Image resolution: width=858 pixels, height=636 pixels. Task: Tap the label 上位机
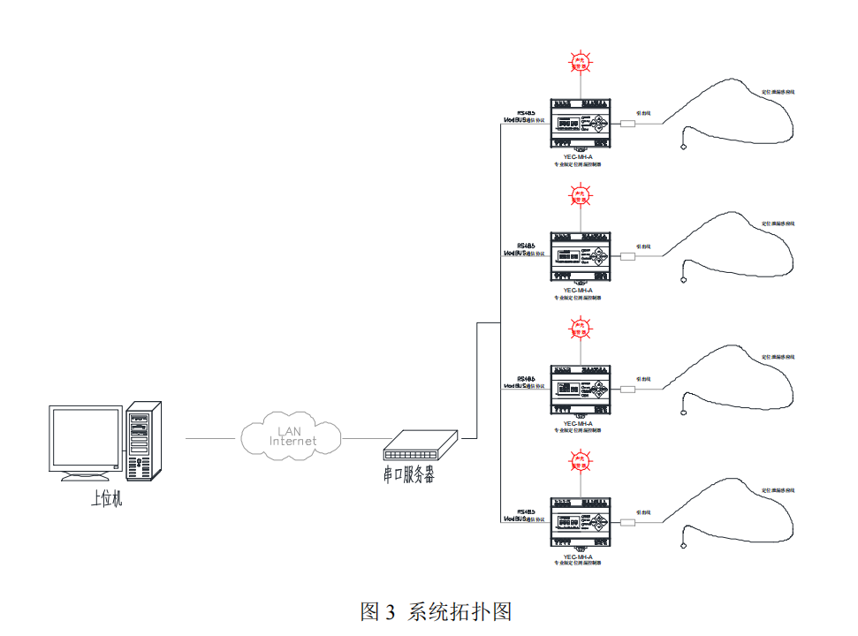click(106, 499)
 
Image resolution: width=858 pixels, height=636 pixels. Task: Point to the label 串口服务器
click(409, 475)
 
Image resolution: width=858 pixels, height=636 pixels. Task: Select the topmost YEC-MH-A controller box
click(580, 123)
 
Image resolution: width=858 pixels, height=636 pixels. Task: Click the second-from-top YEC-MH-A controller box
click(580, 256)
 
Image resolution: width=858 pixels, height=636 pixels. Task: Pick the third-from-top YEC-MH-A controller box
click(580, 389)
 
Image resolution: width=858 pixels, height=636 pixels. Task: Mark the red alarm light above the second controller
click(580, 195)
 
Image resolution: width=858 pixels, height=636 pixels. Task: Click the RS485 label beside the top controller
click(526, 113)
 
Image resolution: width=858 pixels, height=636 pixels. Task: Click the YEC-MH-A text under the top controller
click(578, 156)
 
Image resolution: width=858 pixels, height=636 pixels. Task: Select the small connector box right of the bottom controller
click(628, 522)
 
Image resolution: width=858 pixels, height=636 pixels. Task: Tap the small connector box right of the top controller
click(628, 124)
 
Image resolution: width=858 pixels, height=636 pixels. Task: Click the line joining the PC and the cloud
click(212, 437)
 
